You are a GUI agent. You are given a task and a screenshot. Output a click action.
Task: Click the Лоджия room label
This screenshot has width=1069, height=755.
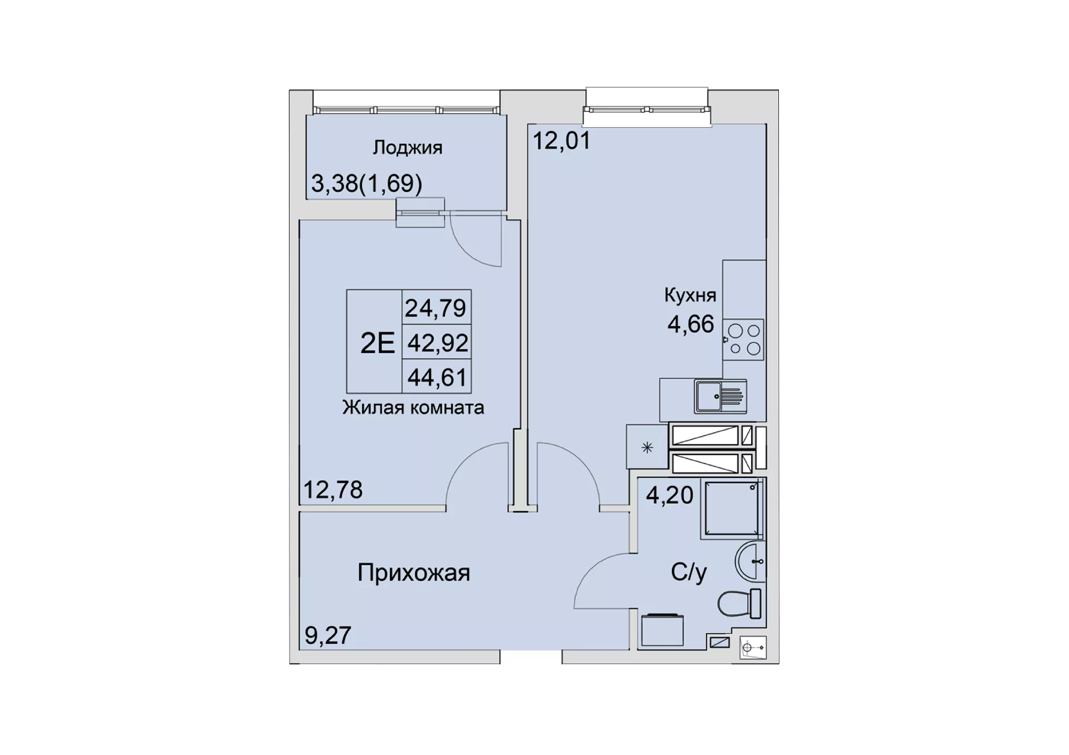pos(408,148)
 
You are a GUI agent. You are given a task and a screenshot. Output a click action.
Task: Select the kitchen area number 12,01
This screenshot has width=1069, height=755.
pos(562,140)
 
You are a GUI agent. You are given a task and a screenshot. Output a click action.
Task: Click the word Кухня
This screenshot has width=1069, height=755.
pos(690,295)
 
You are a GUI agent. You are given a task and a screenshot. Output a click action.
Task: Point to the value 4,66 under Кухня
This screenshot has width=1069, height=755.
pos(690,324)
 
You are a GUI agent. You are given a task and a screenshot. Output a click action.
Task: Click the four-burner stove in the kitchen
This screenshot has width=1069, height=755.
pos(743,339)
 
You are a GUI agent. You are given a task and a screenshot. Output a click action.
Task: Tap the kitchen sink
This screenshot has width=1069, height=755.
pos(720,396)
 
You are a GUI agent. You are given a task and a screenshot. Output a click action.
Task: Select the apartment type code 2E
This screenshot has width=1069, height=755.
pos(377,343)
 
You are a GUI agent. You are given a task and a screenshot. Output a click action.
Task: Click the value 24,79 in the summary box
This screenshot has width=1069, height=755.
pos(435,308)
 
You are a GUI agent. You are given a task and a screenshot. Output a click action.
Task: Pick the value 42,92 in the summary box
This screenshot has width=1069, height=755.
pos(438,343)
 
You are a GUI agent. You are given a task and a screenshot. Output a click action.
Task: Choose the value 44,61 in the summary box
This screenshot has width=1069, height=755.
pos(437,378)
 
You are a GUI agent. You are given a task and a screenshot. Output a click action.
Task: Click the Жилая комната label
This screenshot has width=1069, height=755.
pos(413,408)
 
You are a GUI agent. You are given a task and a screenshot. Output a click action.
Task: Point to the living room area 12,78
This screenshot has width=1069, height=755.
pos(333,490)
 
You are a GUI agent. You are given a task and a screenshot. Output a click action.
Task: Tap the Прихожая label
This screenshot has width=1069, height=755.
pos(414,573)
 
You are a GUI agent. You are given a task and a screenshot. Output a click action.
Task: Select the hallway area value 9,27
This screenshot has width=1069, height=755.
pos(328,635)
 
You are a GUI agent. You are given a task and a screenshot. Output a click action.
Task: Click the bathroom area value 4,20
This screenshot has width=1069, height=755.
pos(669,495)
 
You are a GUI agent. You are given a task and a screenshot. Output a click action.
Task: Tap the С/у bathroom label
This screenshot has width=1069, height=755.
pos(689,572)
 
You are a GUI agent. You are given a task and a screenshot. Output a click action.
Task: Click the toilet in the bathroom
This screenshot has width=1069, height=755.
pos(739,603)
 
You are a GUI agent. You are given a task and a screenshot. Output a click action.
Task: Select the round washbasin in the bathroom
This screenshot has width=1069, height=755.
pos(749,561)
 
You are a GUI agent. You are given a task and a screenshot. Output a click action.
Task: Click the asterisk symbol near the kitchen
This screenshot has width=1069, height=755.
pos(647,447)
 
